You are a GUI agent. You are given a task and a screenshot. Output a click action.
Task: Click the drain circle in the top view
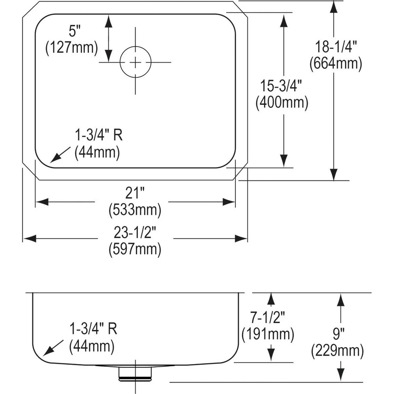pos(135,62)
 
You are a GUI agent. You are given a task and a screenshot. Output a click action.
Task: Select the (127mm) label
pos(71,48)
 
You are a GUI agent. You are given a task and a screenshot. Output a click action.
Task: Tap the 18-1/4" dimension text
pos(336,47)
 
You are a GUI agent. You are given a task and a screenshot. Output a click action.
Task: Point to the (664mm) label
pos(336,64)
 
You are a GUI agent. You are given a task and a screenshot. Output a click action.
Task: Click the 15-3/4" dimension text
pos(281,85)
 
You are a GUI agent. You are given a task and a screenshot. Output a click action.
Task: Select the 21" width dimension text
pos(135,193)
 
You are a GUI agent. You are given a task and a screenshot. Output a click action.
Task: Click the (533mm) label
pos(135,210)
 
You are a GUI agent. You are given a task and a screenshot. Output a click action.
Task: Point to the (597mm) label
pos(135,249)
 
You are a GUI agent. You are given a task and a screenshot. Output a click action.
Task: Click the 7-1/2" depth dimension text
pos(268,317)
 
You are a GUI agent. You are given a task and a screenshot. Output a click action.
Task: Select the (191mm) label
pos(268,334)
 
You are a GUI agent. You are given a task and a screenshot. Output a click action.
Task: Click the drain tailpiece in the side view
pos(135,372)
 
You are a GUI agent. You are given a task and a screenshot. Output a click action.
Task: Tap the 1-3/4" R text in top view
pos(98,136)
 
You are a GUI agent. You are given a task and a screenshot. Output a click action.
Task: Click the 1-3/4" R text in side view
pos(93,329)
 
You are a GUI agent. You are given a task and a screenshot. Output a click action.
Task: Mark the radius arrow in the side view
pos(54,348)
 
